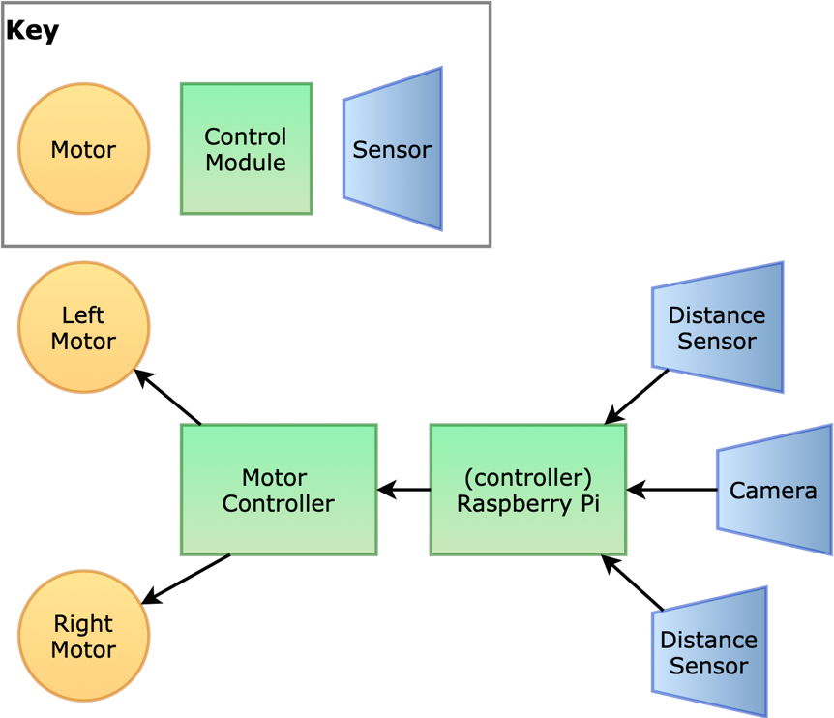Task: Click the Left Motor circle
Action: click(x=84, y=328)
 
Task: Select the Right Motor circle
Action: click(x=84, y=636)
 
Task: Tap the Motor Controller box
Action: click(x=279, y=490)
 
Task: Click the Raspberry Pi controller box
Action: click(x=528, y=490)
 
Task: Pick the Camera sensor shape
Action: click(x=774, y=490)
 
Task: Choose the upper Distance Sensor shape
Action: click(x=717, y=327)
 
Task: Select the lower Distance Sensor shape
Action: click(x=709, y=652)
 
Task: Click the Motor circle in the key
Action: click(x=84, y=149)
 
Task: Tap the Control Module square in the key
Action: click(x=246, y=149)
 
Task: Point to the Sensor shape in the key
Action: click(x=392, y=149)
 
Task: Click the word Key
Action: click(x=32, y=30)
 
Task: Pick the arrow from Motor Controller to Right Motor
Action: click(x=187, y=579)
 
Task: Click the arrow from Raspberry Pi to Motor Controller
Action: click(x=403, y=490)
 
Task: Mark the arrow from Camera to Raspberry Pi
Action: click(x=671, y=490)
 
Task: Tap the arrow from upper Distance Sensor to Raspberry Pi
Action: click(x=637, y=397)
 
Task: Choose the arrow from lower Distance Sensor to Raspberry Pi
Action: click(x=632, y=583)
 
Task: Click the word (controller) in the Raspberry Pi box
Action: click(x=527, y=477)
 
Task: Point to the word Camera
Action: click(x=773, y=491)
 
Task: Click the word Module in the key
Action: click(x=246, y=163)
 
